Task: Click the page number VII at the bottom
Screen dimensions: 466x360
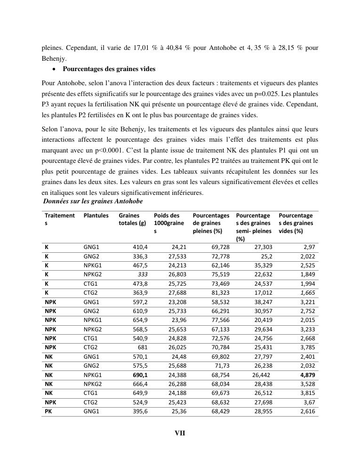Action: click(x=180, y=434)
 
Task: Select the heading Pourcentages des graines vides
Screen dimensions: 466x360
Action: click(x=109, y=69)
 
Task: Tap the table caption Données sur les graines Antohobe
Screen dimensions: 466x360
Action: click(x=93, y=201)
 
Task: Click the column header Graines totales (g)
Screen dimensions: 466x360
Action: click(x=133, y=219)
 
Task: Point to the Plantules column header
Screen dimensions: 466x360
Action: click(x=96, y=216)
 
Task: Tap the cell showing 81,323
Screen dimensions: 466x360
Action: click(x=221, y=293)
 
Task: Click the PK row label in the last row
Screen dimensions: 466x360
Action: click(x=48, y=411)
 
